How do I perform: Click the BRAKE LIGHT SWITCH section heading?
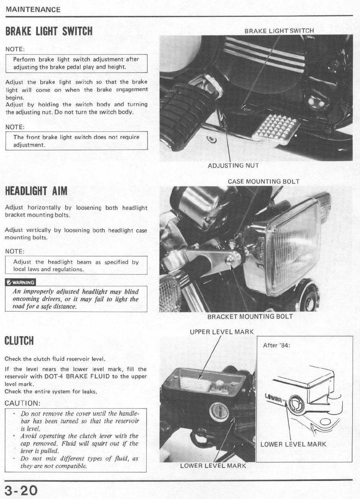coord(49,31)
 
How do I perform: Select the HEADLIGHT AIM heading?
coord(36,191)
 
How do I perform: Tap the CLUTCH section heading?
coord(19,341)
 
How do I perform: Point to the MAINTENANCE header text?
coord(33,9)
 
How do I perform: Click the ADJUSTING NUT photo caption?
coord(233,166)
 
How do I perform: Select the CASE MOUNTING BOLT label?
coord(263,182)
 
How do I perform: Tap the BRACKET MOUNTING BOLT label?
coord(250,316)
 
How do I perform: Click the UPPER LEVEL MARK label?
coord(222,332)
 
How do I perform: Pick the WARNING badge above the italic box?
coord(20,282)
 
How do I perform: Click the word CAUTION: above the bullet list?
coord(22,403)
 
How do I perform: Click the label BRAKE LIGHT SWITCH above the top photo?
coord(279,31)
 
